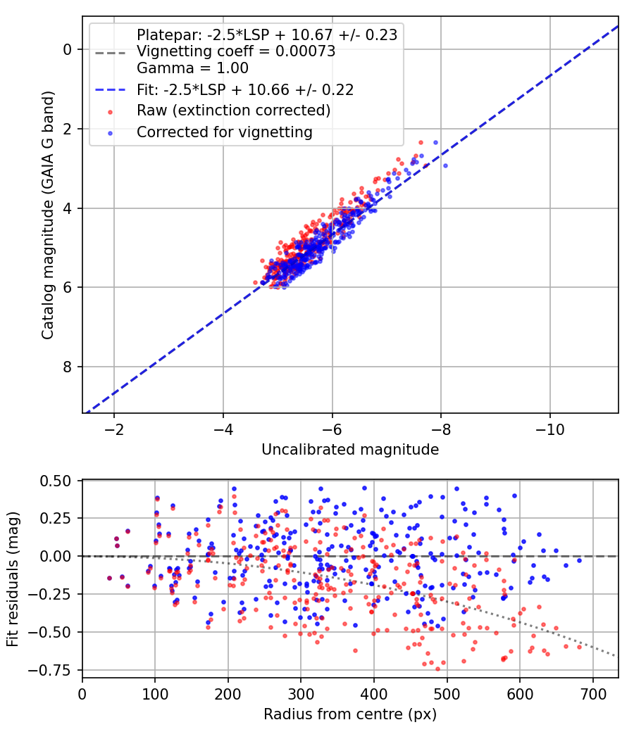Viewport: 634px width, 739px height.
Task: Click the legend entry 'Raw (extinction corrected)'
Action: coord(233,110)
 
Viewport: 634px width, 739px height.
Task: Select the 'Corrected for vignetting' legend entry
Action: coord(225,132)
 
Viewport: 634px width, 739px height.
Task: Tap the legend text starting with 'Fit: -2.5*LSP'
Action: coord(244,89)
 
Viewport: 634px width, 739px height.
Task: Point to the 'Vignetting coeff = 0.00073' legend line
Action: coord(235,51)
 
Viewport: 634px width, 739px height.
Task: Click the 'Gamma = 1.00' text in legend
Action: coord(192,68)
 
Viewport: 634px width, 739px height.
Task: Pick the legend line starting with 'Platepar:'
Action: coord(267,34)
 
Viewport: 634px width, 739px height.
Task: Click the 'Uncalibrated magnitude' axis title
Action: coord(350,450)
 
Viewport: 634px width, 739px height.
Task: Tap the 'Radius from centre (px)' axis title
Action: coord(350,714)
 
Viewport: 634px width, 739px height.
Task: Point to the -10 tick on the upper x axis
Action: coord(550,429)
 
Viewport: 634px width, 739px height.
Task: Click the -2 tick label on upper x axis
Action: coord(113,429)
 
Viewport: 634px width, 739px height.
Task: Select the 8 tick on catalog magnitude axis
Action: coord(68,367)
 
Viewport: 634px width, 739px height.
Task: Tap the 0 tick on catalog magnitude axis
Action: coord(68,49)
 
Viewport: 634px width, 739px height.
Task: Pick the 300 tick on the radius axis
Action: coord(301,693)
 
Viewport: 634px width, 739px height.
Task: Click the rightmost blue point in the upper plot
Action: coord(445,165)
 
